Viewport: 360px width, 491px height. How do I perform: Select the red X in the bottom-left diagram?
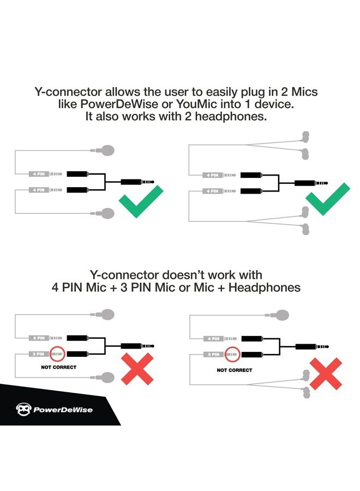[137, 369]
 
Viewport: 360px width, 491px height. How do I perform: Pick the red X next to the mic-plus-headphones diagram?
[326, 374]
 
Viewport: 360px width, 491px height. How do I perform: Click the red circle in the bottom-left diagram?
[57, 354]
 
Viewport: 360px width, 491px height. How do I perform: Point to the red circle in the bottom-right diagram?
[232, 354]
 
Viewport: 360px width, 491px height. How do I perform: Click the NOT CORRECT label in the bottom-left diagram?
[58, 367]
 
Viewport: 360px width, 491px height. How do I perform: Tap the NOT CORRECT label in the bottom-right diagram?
[235, 370]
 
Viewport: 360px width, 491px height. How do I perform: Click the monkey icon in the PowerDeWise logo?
[23, 410]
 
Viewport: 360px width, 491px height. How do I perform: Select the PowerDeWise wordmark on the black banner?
[63, 410]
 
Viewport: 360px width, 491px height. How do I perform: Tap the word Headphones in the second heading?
[265, 287]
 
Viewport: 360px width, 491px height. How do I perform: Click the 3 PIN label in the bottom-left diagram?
[39, 354]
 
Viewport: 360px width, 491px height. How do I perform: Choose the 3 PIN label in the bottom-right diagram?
[213, 355]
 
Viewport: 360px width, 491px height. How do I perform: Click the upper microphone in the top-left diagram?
[105, 151]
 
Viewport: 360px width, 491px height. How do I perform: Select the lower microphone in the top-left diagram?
[105, 213]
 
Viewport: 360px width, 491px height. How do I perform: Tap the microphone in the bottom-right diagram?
[279, 315]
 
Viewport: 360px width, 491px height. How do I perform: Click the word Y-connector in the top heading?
[68, 92]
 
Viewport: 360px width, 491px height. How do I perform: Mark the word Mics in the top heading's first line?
[304, 92]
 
